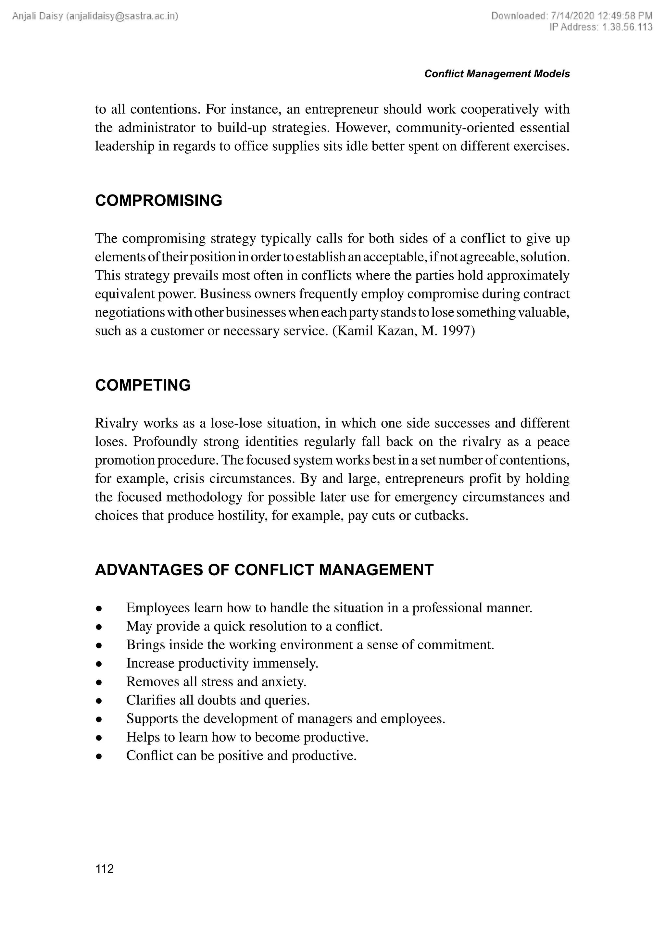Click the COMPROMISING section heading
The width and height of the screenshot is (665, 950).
point(158,201)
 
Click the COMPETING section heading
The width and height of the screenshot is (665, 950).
point(143,385)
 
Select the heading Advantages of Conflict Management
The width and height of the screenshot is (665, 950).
point(264,570)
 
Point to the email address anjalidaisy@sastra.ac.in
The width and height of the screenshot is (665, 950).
point(122,16)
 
